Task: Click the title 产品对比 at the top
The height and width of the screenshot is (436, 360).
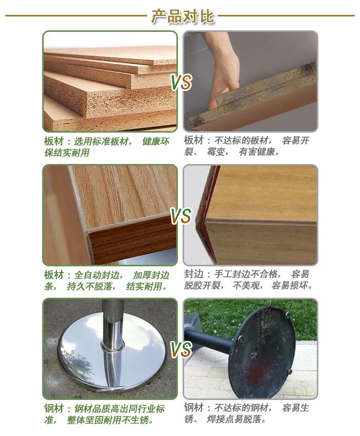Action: point(183,16)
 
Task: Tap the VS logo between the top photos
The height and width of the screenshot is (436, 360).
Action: point(181,82)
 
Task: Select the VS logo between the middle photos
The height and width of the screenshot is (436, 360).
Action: point(181,216)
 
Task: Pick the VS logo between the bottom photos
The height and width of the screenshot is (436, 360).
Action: point(181,349)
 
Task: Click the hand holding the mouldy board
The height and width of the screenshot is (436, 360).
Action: point(224,69)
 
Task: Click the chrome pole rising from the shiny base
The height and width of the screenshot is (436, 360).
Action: point(113,325)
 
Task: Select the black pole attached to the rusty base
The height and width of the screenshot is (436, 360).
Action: point(209,339)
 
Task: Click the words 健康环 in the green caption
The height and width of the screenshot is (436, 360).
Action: point(156,141)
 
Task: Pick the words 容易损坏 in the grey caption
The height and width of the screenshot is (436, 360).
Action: point(290,285)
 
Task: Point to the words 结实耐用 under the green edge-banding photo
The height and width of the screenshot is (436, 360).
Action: point(144,286)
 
